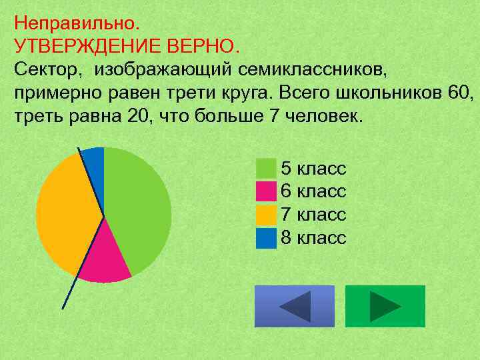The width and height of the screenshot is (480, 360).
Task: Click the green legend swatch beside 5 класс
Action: (266, 168)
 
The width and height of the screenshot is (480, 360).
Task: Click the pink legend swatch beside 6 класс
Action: (266, 191)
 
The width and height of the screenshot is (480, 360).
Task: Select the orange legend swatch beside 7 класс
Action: (266, 215)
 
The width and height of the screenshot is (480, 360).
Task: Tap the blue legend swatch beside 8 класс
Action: (266, 238)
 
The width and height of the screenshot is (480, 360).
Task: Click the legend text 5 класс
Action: (313, 168)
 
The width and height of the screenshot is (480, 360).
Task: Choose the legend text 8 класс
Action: (313, 238)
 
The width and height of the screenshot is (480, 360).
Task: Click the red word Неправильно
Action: (77, 24)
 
